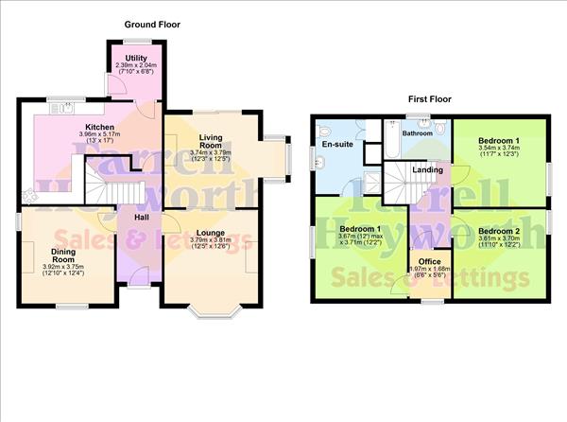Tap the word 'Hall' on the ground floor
coord(140,218)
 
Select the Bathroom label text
coord(417,133)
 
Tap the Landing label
coord(427,169)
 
